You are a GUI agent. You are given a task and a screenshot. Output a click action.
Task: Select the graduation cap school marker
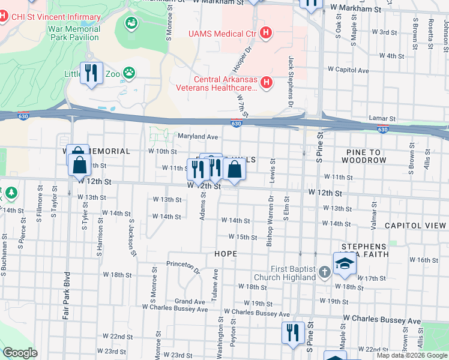[x=345, y=264]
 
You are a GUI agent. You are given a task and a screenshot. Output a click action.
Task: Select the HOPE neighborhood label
[x=225, y=254]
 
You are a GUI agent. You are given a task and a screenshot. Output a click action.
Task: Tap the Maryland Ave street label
[x=197, y=136]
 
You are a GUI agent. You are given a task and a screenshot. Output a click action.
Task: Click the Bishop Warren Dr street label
[x=270, y=221]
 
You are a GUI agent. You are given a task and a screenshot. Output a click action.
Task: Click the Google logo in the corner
[x=20, y=353]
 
